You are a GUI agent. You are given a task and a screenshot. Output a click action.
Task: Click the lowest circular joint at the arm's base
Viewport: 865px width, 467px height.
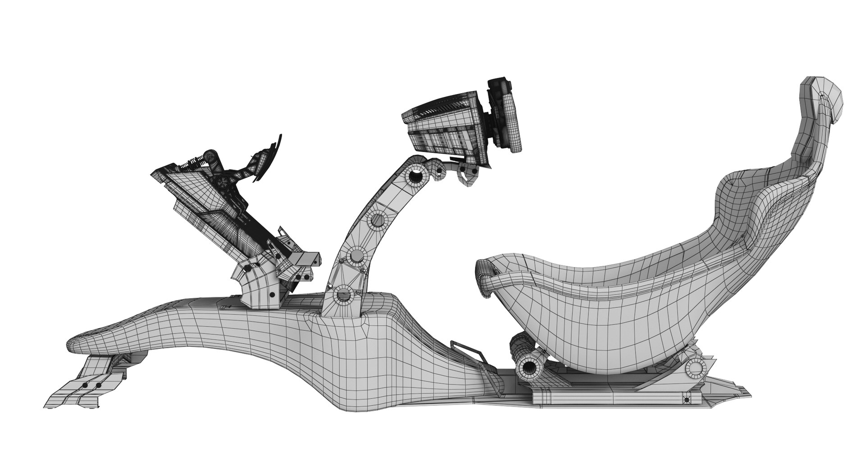343,295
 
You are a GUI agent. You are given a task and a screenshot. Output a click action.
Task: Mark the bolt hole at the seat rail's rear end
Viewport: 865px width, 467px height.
686,400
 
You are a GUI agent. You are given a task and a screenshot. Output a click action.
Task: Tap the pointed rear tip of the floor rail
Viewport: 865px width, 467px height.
748,395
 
